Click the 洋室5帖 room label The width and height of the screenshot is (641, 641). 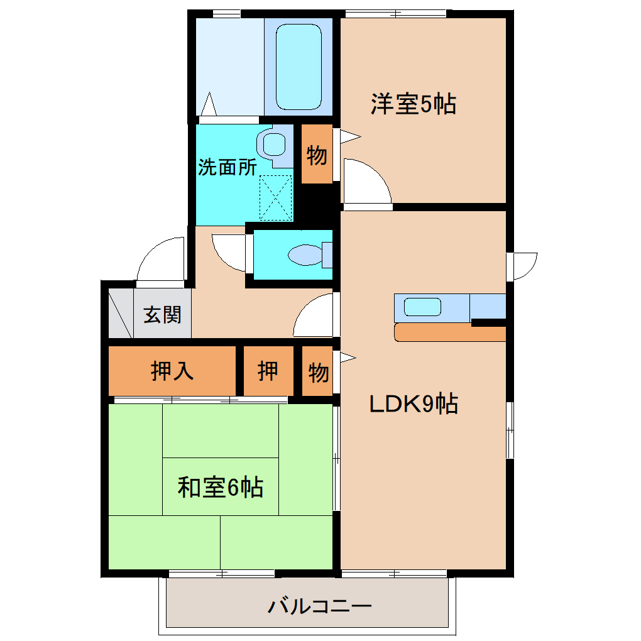tap(413, 104)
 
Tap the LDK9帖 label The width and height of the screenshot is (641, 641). tap(413, 403)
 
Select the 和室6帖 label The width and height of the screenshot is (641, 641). tap(220, 487)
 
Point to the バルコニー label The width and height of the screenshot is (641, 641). tap(320, 606)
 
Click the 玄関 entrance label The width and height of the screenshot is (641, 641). tap(162, 314)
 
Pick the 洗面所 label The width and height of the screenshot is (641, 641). tap(227, 167)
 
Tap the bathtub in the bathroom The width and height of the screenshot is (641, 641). tap(299, 66)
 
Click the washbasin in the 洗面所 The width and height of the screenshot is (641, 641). tap(275, 144)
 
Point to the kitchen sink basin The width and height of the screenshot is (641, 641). tap(422, 307)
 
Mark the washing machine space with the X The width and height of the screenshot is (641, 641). tap(276, 197)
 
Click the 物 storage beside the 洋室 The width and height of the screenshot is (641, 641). tap(317, 155)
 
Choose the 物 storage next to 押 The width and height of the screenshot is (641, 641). tap(318, 373)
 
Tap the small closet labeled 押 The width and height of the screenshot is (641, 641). tap(268, 371)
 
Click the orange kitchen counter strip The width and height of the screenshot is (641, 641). tap(449, 332)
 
